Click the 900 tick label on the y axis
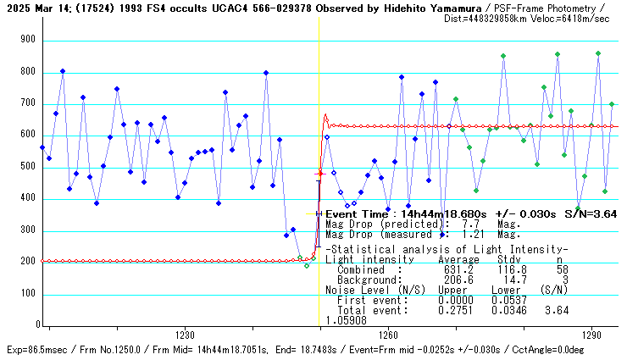click(x=29, y=40)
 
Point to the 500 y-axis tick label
click(x=29, y=167)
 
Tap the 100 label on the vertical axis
click(x=29, y=295)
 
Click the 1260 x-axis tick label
click(x=388, y=335)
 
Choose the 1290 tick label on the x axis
click(x=591, y=335)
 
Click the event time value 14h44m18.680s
click(x=419, y=214)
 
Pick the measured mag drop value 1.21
click(x=463, y=234)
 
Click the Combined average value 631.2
click(x=453, y=269)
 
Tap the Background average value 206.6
click(x=453, y=280)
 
